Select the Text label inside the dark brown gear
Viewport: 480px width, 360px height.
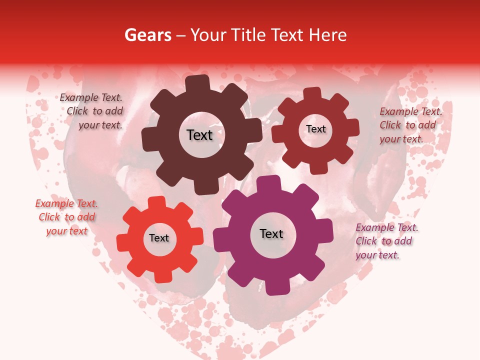click(199, 135)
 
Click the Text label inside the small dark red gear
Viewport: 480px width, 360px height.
click(315, 129)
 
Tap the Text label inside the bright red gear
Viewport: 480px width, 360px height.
click(159, 238)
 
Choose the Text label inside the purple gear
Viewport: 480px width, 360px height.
click(271, 233)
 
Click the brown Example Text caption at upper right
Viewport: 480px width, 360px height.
click(409, 125)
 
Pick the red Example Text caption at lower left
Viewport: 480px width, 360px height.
click(66, 217)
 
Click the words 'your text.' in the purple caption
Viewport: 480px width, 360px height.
click(377, 255)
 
